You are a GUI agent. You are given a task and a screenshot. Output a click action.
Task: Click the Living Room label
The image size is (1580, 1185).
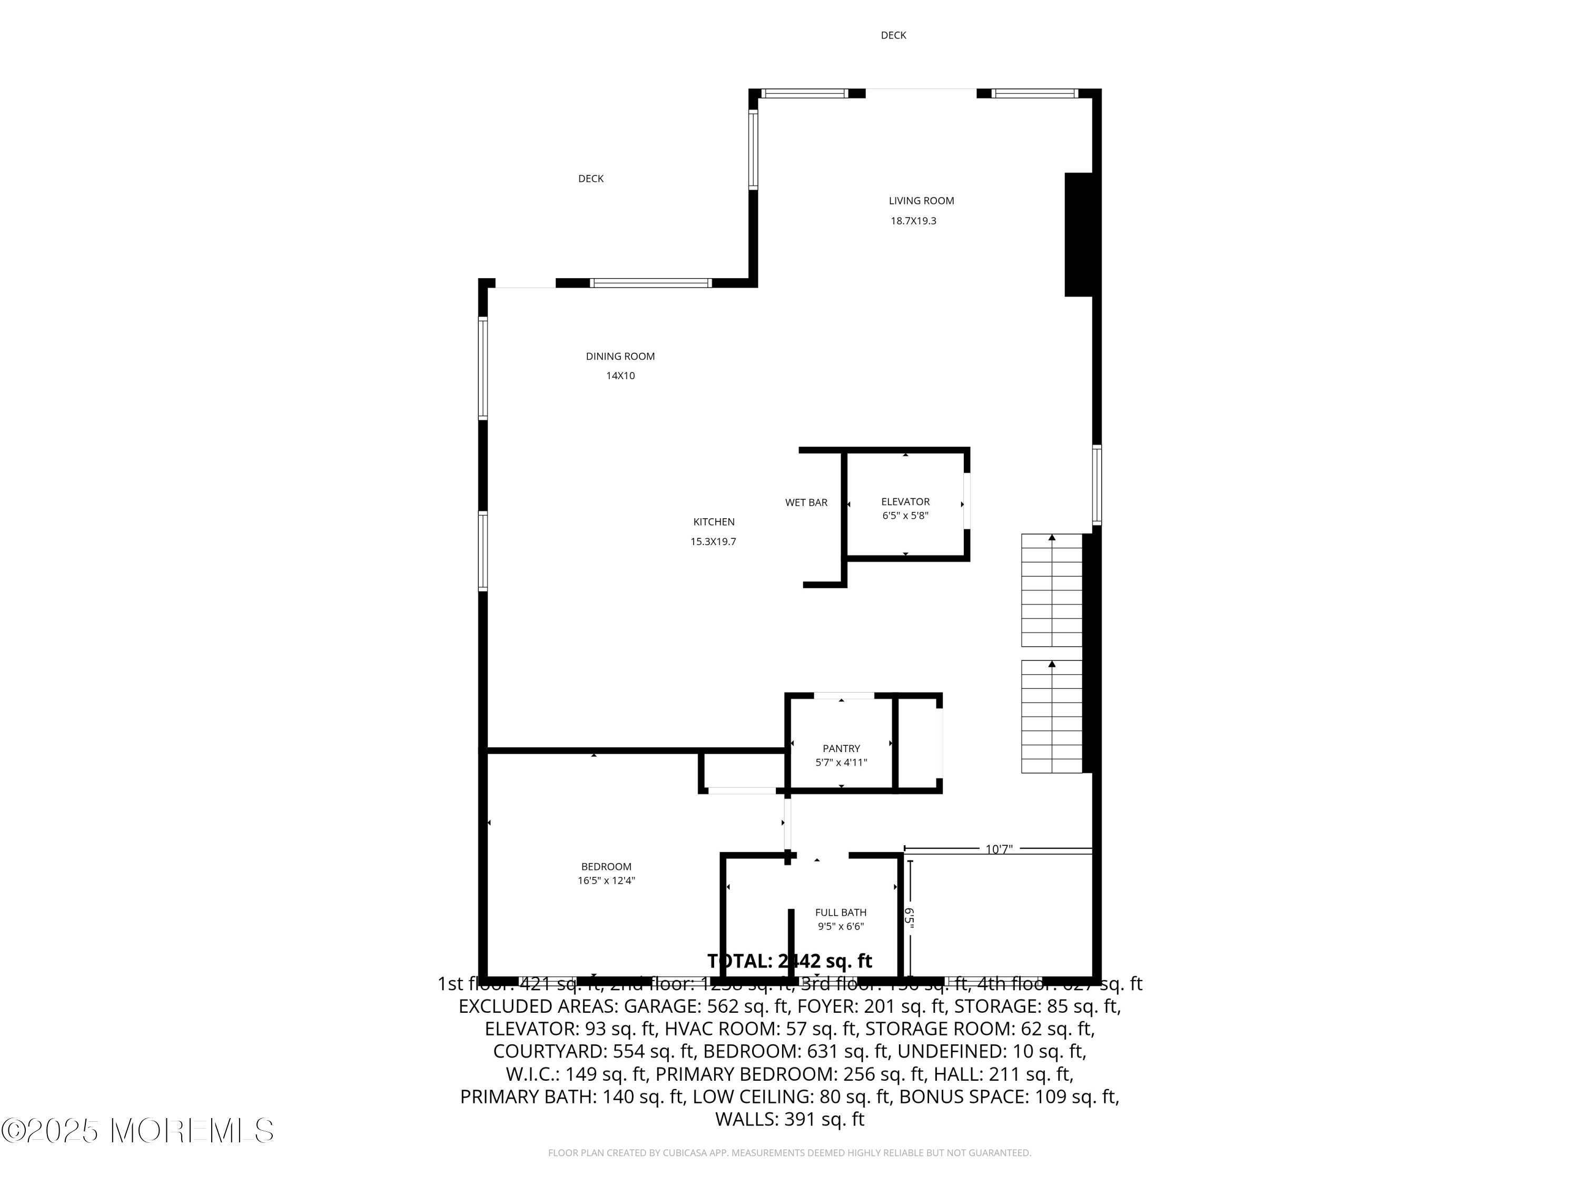pyautogui.click(x=921, y=201)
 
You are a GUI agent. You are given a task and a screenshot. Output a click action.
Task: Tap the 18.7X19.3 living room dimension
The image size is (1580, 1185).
pyautogui.click(x=913, y=221)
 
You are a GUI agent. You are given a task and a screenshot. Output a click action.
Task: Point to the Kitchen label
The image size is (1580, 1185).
pyautogui.click(x=714, y=522)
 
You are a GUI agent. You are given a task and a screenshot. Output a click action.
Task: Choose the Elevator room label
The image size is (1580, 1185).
pyautogui.click(x=905, y=502)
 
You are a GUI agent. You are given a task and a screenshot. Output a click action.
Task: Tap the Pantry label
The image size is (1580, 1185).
pyautogui.click(x=841, y=748)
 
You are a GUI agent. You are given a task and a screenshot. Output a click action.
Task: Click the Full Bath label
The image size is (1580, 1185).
pyautogui.click(x=841, y=912)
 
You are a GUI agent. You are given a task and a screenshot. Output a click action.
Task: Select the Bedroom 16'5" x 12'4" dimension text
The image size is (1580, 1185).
pyautogui.click(x=606, y=881)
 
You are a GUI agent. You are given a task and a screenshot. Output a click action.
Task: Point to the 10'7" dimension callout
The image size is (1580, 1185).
pyautogui.click(x=999, y=850)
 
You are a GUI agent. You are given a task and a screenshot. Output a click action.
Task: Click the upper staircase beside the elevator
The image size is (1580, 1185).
pyautogui.click(x=1051, y=590)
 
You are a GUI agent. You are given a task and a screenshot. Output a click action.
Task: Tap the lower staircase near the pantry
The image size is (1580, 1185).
pyautogui.click(x=1051, y=716)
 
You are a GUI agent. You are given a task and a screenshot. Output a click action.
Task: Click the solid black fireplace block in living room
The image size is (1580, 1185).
pyautogui.click(x=1079, y=234)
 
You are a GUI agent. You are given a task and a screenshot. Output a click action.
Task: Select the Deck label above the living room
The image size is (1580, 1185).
pyautogui.click(x=893, y=35)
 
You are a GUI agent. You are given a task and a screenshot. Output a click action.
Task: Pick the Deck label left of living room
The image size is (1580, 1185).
pyautogui.click(x=591, y=179)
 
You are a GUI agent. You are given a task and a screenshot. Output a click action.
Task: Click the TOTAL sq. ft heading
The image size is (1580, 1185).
pyautogui.click(x=789, y=961)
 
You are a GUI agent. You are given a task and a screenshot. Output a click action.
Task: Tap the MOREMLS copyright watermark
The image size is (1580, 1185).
pyautogui.click(x=137, y=1131)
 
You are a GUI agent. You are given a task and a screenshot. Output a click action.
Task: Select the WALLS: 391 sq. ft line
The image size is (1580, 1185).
pyautogui.click(x=789, y=1119)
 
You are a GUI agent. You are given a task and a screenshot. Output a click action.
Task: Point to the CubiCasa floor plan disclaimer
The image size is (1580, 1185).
pyautogui.click(x=789, y=1153)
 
